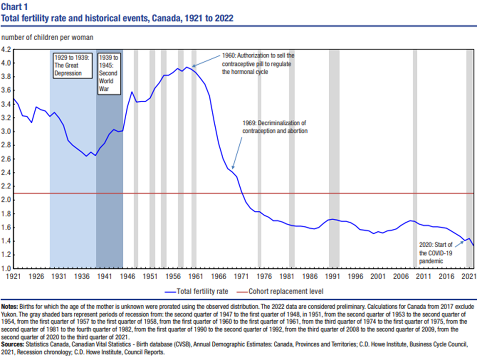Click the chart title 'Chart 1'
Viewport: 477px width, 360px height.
coord(16,6)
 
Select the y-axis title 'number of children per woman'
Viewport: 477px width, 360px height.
coord(47,37)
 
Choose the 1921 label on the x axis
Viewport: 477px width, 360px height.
coord(13,276)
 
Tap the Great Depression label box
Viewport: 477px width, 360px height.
coord(71,66)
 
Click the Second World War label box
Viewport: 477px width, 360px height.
coord(109,73)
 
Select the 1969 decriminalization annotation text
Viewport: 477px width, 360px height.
coord(274,127)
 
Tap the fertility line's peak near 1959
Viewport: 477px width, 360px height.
coord(186,67)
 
